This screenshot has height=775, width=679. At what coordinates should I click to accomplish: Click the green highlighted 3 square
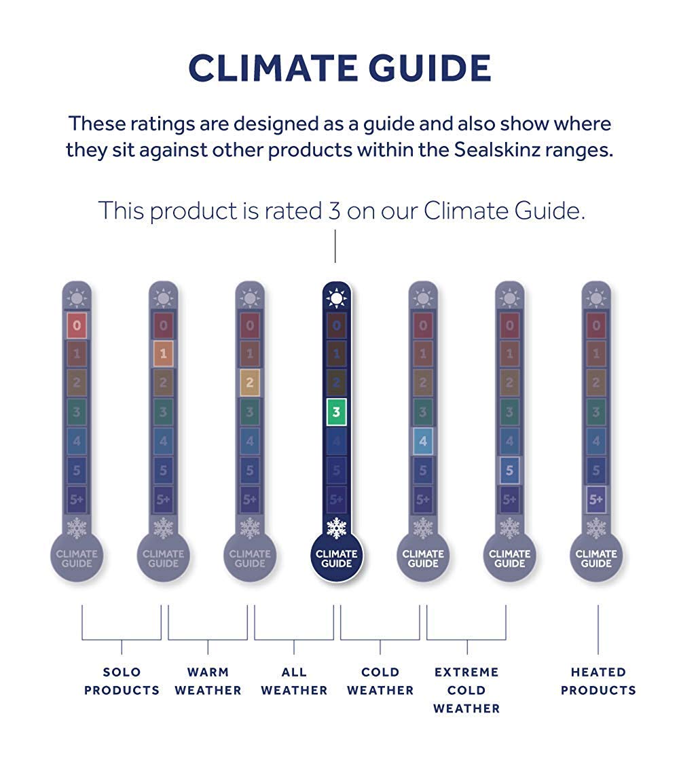336,412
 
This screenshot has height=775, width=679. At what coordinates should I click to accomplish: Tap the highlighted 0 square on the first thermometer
77,325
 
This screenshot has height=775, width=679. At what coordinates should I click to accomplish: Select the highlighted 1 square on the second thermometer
163,353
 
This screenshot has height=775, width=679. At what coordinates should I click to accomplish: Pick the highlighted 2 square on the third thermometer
250,382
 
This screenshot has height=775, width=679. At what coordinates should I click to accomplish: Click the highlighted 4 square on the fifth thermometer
423,441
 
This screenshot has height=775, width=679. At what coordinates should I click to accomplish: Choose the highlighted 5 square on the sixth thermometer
509,470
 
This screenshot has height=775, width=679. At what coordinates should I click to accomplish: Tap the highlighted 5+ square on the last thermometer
596,499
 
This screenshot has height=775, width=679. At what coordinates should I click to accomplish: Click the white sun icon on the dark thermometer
337,298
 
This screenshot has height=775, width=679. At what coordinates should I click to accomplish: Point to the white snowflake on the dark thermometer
337,528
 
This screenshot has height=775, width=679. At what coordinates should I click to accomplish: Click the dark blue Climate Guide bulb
337,558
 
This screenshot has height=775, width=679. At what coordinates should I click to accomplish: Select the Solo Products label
122,681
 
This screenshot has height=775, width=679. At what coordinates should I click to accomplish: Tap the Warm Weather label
208,681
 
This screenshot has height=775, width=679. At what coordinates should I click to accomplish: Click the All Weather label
294,681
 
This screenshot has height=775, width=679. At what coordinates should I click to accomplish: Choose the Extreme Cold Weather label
466,690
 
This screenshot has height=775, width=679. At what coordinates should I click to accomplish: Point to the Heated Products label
598,681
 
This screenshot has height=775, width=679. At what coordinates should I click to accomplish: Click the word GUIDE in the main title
429,68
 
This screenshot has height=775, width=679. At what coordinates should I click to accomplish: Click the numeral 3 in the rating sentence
335,211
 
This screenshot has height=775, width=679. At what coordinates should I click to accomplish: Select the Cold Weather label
380,681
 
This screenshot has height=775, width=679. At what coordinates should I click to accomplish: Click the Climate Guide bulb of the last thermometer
596,558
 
